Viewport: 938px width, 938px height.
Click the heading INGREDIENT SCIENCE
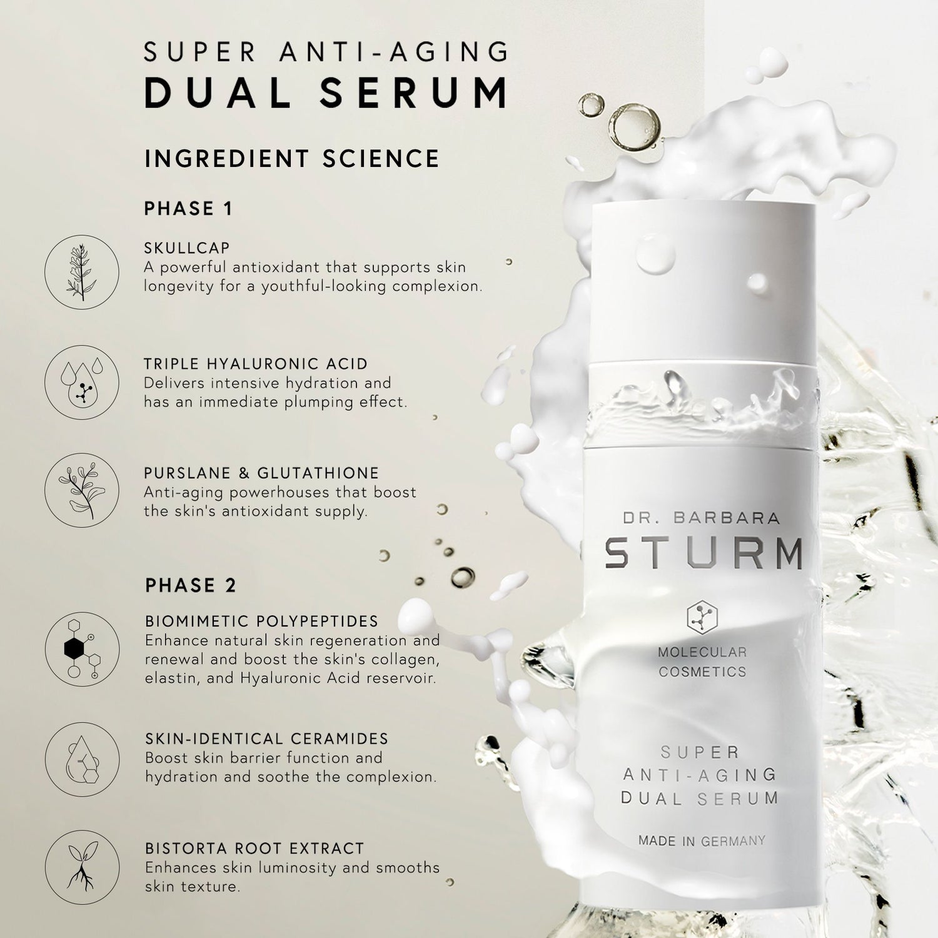coord(291,159)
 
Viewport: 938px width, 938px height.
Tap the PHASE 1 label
coord(188,209)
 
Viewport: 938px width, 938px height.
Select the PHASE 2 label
coord(191,585)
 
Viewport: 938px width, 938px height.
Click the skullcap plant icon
coord(82,272)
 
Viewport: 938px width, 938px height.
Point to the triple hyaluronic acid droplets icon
coord(82,382)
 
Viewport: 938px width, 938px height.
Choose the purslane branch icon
coord(82,490)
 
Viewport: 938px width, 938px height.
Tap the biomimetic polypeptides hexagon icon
coord(82,649)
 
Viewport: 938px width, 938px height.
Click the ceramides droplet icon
coord(82,759)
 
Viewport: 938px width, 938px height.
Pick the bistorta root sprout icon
coord(82,867)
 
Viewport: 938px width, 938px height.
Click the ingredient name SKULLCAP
coord(187,248)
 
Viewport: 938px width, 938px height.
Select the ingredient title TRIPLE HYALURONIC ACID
coord(256,364)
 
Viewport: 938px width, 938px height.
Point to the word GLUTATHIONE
coord(318,473)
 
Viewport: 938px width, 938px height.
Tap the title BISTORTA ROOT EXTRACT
coord(255,849)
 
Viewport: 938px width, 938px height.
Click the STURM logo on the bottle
coord(703,552)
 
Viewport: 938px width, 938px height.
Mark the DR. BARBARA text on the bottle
coord(701,518)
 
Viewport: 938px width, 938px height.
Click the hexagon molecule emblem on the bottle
coord(702,618)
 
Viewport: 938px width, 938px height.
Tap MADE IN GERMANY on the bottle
coord(702,841)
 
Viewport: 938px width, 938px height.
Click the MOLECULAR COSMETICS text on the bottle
coord(702,662)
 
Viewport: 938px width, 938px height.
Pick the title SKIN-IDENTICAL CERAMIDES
coord(266,739)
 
